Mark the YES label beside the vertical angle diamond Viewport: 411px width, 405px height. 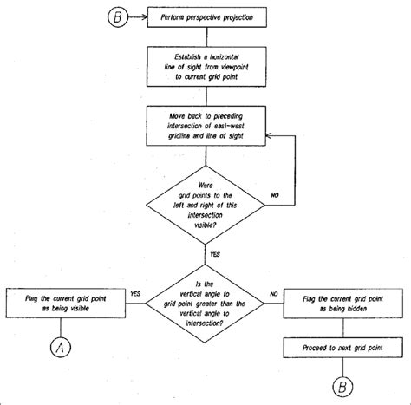point(135,293)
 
